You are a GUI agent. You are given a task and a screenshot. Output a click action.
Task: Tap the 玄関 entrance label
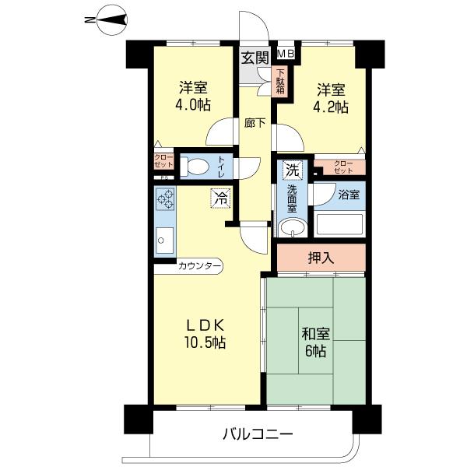pos(254,57)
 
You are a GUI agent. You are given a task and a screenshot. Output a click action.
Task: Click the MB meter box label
pos(286,53)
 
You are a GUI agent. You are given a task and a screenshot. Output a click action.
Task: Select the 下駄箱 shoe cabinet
pos(280,81)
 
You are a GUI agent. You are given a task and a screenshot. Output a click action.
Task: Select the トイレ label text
pos(222,166)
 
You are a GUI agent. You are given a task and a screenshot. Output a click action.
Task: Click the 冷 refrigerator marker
pos(221,198)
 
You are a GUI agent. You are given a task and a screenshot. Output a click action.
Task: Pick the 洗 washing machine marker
pos(290,170)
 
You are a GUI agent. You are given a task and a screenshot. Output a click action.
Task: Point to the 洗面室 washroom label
pos(291,199)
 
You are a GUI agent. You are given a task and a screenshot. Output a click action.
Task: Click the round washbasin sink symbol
pos(291,227)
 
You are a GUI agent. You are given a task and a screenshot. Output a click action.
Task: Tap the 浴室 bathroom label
pos(348,195)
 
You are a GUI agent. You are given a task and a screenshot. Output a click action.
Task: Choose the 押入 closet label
pos(321,258)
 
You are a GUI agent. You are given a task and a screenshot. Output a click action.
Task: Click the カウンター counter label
pos(200,266)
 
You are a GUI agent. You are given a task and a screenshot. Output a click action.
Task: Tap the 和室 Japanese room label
pos(316,335)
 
